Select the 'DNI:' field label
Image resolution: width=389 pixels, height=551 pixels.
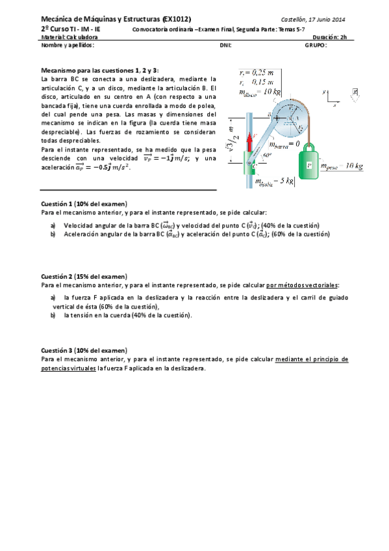[x=226, y=45]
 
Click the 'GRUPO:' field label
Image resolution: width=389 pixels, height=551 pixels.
[x=316, y=45]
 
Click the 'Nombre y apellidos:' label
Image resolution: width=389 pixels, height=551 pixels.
[x=68, y=45]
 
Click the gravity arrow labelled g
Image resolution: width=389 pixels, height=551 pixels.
[x=354, y=95]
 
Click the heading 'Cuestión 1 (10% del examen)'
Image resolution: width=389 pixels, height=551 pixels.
[x=84, y=204]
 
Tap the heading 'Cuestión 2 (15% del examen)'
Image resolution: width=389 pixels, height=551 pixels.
[x=84, y=276]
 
